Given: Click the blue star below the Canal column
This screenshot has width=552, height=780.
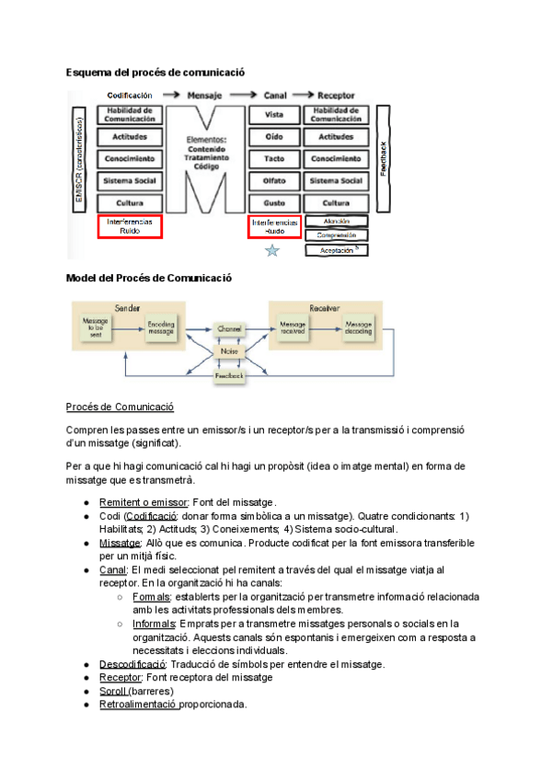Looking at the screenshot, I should click(272, 251).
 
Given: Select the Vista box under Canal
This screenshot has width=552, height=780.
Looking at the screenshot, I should click(274, 115).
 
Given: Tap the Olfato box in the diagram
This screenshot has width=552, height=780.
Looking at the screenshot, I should click(274, 181).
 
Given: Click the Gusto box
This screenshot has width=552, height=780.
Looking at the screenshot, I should click(274, 202).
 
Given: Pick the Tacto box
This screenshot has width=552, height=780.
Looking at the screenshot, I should click(274, 159).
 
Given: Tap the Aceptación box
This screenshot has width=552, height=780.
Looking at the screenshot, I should click(337, 249).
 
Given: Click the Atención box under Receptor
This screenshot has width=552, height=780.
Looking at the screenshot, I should click(337, 221).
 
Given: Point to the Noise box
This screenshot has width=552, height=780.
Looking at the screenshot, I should click(229, 351).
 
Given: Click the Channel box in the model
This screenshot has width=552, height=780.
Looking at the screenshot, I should click(229, 328).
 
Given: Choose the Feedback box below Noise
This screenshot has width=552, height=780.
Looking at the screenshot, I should click(229, 376).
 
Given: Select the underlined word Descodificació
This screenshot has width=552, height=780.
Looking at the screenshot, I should click(132, 663).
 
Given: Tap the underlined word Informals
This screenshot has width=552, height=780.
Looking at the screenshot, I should click(156, 623).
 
